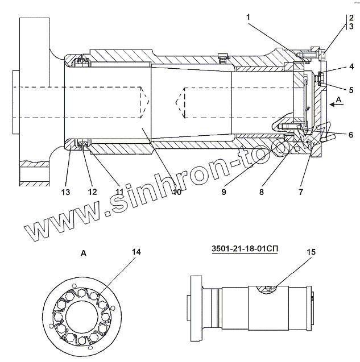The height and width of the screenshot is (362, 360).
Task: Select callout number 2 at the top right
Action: [x=352, y=17]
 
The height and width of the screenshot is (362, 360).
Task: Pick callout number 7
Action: [x=300, y=192]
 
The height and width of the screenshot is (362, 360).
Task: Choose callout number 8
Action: [x=261, y=192]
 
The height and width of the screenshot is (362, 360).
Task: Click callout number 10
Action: [x=177, y=192]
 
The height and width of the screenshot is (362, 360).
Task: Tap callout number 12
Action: [x=92, y=192]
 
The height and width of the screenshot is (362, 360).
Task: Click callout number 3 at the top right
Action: [x=352, y=26]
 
